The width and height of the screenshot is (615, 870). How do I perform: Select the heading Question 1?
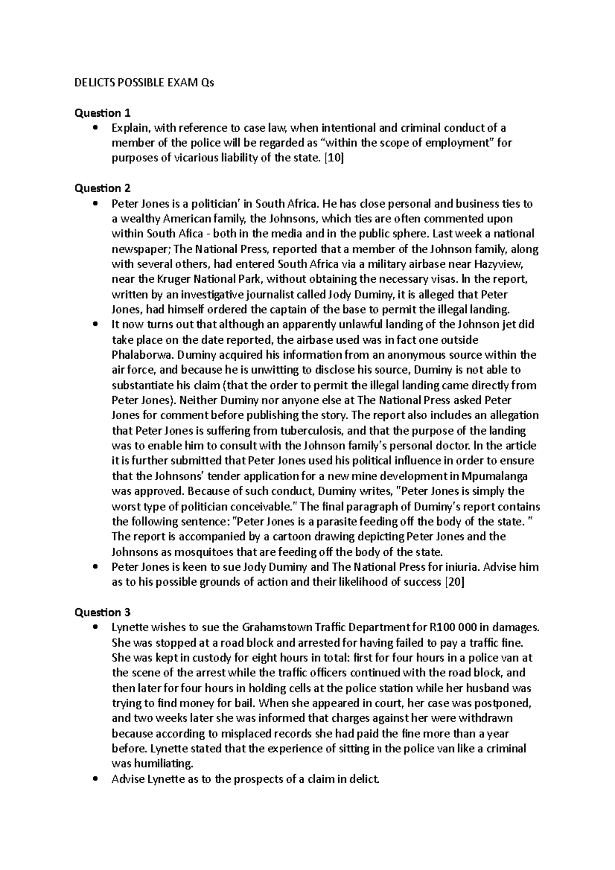tap(103, 113)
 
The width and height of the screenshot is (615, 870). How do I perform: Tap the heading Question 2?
tap(103, 188)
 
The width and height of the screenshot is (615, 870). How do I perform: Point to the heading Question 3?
tap(103, 612)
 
